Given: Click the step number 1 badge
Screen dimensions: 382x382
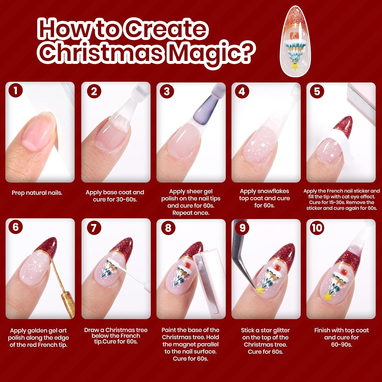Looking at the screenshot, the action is click(x=16, y=90).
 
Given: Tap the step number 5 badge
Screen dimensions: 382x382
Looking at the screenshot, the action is click(x=317, y=91).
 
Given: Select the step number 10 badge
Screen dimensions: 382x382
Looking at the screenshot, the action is click(x=317, y=228).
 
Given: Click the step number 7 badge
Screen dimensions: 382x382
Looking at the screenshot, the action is click(x=94, y=228).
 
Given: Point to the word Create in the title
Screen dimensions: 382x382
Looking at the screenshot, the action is click(x=166, y=29).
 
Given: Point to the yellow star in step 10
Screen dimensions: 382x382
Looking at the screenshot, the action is click(x=328, y=296).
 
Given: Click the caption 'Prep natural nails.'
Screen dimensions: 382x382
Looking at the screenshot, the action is click(x=37, y=193).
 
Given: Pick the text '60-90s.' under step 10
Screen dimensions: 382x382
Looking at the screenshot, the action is click(x=342, y=345).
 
